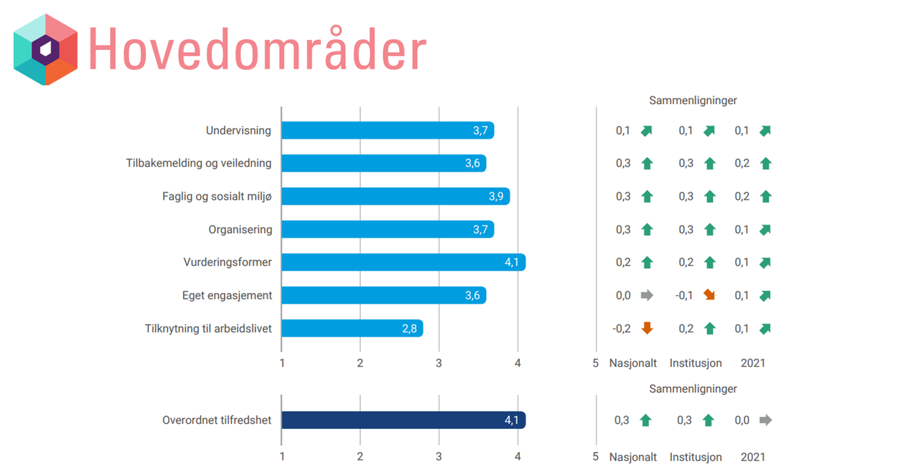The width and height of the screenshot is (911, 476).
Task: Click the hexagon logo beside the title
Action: (x=46, y=49)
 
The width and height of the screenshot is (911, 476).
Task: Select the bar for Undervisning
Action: (x=387, y=130)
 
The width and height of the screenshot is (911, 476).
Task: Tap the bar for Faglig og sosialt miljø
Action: (x=395, y=196)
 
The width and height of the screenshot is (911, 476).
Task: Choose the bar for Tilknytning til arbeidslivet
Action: (x=351, y=328)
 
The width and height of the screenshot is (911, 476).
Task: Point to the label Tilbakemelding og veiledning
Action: (x=199, y=163)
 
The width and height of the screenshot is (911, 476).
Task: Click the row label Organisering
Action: (x=240, y=229)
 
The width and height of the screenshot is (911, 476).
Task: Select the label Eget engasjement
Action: (x=227, y=295)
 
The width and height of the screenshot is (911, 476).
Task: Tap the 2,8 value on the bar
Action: (x=409, y=328)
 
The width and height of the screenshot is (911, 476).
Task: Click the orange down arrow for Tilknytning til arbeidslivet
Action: (x=647, y=328)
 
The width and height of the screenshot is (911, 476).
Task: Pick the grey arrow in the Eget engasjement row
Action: (x=647, y=295)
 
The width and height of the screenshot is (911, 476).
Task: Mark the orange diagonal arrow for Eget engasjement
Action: (x=709, y=295)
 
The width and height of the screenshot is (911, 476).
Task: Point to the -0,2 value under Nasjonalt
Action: (x=622, y=328)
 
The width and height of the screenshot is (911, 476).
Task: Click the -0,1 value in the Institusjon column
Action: (x=684, y=295)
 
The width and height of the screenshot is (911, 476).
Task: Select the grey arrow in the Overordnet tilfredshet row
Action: (x=766, y=420)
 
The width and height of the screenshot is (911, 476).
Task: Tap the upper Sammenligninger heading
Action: (x=693, y=101)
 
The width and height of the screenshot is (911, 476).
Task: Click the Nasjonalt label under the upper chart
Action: (x=633, y=363)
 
